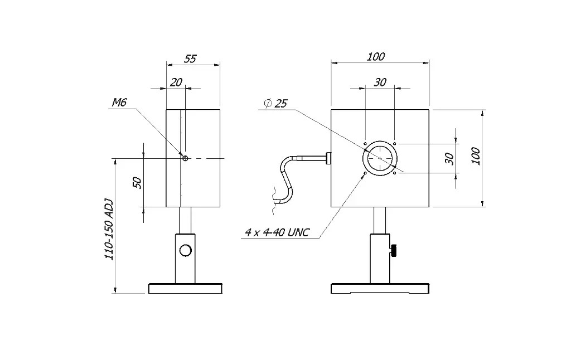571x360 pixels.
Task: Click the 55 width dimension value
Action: point(190,59)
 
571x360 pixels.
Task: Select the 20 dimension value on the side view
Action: point(176,82)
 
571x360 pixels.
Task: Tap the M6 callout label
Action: point(119,102)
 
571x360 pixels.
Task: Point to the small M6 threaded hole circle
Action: point(185,158)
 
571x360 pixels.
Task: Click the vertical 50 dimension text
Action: point(137,182)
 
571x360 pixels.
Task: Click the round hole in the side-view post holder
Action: point(186,250)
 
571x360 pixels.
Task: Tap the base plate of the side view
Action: point(185,289)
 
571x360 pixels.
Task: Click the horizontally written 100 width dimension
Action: point(376,56)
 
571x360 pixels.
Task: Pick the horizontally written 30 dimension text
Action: point(380,82)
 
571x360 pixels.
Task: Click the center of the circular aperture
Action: point(380,158)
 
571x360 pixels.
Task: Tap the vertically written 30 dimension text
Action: point(449,158)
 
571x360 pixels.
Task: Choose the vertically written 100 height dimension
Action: point(475,157)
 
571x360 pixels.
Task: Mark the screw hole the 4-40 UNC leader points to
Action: point(365,174)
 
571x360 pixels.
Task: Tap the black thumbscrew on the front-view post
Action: point(395,251)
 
